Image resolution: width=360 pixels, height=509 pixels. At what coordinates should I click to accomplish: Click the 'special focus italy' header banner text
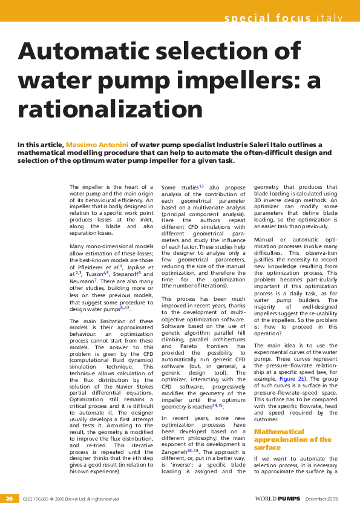click(284, 17)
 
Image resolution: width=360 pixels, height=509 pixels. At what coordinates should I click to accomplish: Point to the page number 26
click(9, 499)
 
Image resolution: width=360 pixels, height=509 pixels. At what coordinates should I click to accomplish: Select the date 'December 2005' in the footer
click(322, 499)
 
